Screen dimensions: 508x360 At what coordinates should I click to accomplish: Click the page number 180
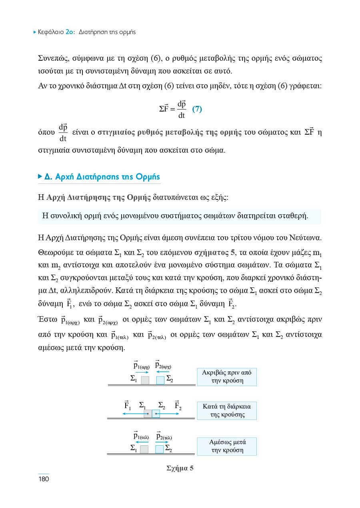point(43,479)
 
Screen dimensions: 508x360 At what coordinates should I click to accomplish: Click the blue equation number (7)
point(197,109)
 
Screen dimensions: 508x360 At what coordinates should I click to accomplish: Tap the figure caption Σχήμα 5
point(180,468)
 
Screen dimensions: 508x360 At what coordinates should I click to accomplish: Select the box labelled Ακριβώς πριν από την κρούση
point(227,377)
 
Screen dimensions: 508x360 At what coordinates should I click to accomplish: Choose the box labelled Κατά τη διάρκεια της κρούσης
point(227,410)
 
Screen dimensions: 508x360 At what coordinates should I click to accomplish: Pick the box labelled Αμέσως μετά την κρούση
point(227,446)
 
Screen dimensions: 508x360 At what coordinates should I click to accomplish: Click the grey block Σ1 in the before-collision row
point(145,380)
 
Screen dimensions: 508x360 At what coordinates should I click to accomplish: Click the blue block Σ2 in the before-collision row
point(160,380)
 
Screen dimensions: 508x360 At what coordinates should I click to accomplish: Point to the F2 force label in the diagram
point(178,406)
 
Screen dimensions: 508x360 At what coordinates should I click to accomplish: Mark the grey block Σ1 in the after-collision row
point(144,449)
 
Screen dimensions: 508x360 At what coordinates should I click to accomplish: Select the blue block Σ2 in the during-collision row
point(156,413)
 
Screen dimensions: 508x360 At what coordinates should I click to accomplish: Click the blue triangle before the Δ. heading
point(40,176)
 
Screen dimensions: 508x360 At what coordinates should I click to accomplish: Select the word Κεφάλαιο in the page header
point(51,32)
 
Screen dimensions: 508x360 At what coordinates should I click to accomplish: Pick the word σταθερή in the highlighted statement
point(294,216)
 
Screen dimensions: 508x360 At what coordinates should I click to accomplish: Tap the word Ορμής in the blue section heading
point(147,177)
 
